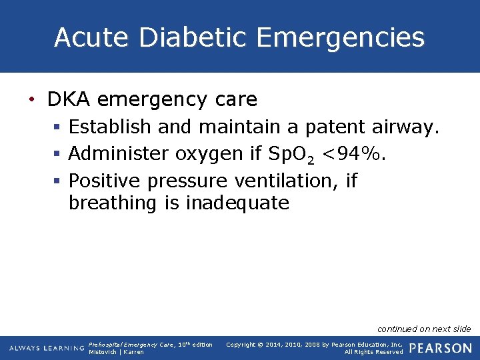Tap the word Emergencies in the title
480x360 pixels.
340,37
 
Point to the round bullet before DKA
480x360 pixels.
31,101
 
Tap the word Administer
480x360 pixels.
119,154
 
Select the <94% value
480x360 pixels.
353,154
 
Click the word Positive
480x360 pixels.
105,181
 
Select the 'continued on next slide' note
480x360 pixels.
424,329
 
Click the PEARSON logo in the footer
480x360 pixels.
440,348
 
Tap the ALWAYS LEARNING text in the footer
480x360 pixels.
47,349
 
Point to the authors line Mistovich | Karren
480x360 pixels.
116,352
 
